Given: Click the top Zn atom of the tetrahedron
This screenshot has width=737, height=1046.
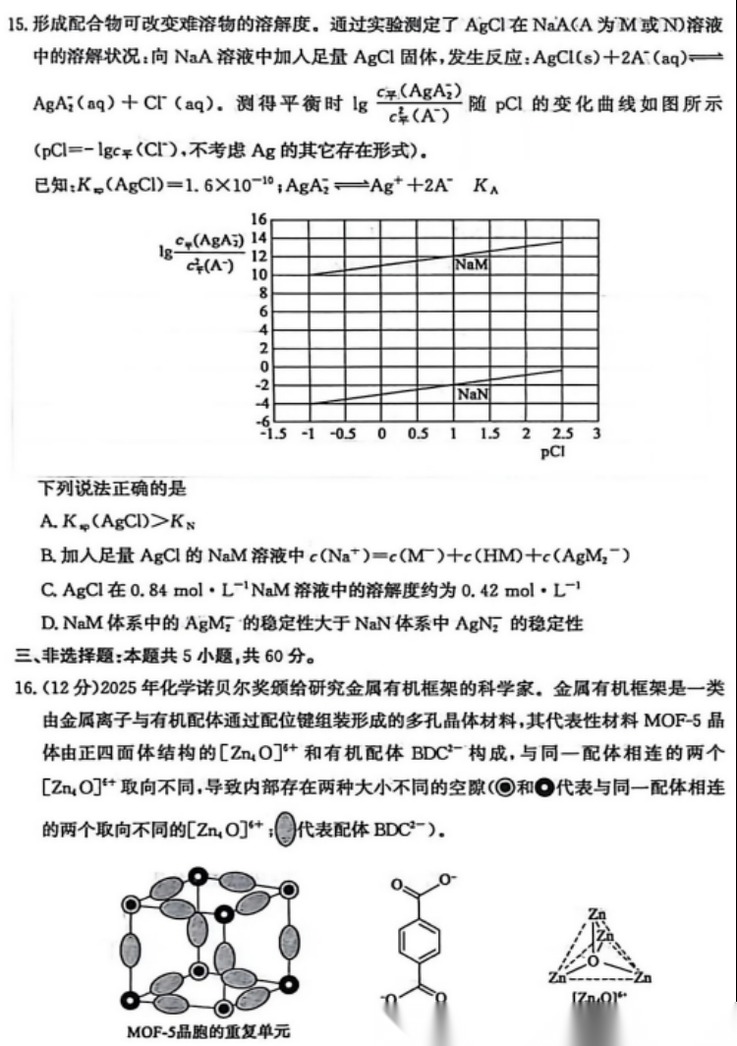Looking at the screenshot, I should (595, 913).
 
